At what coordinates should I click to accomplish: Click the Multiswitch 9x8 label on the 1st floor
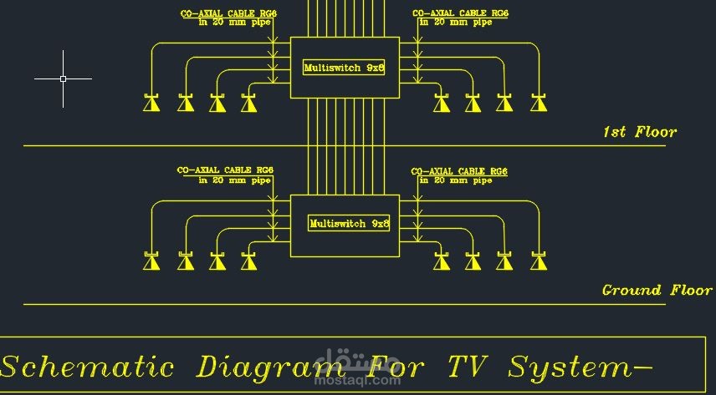click(x=344, y=68)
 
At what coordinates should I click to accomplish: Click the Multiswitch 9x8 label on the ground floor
click(x=349, y=224)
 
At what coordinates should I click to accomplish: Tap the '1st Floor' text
click(x=639, y=132)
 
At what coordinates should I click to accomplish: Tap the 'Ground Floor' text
click(x=657, y=290)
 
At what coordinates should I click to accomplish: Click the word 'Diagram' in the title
click(x=260, y=367)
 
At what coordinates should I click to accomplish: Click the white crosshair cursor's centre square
click(x=63, y=78)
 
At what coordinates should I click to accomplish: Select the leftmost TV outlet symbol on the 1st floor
click(x=151, y=103)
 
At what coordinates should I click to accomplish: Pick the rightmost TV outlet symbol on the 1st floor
click(x=539, y=103)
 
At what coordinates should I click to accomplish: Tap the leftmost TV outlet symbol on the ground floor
click(x=151, y=261)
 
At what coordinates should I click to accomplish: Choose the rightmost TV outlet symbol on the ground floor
click(x=539, y=261)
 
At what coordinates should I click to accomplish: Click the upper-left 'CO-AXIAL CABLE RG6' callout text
click(x=229, y=13)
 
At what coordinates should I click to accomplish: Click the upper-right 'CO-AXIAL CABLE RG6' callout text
click(x=460, y=13)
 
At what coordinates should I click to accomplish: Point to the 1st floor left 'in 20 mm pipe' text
click(x=235, y=23)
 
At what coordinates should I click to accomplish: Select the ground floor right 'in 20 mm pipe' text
click(x=456, y=180)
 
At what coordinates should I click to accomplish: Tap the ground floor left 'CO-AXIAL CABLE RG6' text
click(x=225, y=170)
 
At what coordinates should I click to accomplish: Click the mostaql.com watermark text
click(x=357, y=379)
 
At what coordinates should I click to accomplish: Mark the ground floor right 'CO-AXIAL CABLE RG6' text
click(x=459, y=171)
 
